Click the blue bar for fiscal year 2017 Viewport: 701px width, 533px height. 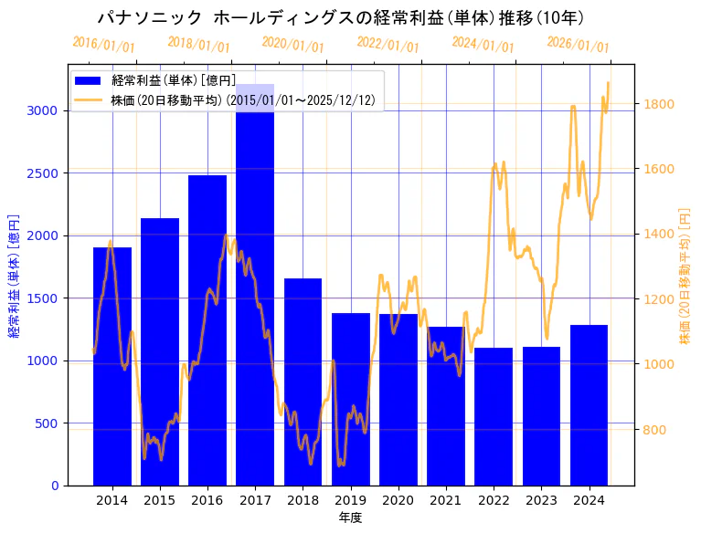click(x=255, y=292)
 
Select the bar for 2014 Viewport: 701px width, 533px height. click(x=112, y=365)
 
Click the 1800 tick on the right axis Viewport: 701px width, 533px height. click(x=659, y=104)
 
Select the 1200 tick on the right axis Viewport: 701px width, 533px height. click(x=659, y=299)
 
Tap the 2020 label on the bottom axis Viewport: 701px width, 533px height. click(x=398, y=500)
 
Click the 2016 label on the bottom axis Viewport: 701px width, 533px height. click(x=207, y=500)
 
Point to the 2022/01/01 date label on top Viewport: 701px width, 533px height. click(x=388, y=45)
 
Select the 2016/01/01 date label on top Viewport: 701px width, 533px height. click(x=103, y=45)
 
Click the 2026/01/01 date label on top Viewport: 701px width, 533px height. click(x=578, y=45)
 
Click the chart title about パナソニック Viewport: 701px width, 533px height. click(x=341, y=18)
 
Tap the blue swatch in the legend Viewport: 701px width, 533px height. click(x=89, y=81)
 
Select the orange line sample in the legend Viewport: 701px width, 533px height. click(x=89, y=99)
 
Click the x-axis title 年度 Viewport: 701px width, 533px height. click(x=350, y=517)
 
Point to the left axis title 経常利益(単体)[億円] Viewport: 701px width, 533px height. click(x=14, y=276)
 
